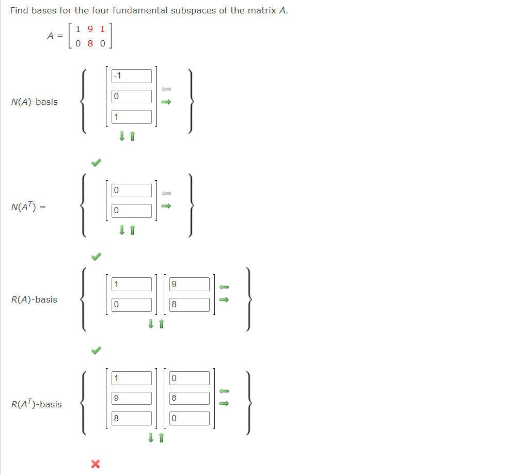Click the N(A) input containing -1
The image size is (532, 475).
tap(132, 76)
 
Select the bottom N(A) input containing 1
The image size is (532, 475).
tap(132, 117)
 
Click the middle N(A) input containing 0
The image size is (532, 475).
tap(132, 97)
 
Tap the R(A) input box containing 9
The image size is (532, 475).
tap(190, 284)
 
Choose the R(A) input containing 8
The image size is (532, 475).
tap(190, 305)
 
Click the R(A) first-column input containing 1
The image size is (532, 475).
tap(132, 284)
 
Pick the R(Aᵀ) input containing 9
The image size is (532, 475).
tap(132, 398)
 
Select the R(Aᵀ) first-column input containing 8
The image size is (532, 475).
tap(132, 418)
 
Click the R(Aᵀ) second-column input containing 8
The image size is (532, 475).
tap(190, 398)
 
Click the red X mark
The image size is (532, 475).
tap(95, 464)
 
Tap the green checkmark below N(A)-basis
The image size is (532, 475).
tap(96, 163)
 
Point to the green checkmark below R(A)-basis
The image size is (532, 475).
tap(96, 351)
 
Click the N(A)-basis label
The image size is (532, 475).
tap(34, 102)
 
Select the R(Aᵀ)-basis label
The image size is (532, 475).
tap(36, 404)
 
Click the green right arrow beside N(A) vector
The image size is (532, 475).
tap(166, 102)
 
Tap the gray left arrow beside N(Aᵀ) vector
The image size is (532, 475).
tap(166, 193)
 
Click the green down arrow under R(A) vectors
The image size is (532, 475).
tap(151, 324)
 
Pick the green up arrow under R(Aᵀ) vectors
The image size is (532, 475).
tap(162, 438)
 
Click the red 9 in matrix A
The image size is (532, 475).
tap(90, 29)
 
